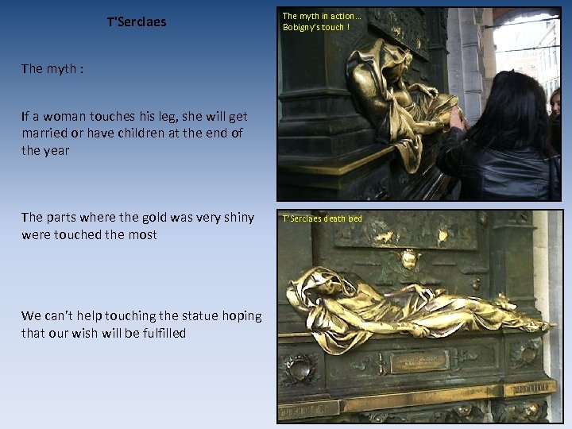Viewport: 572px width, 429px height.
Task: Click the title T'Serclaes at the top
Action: pos(137,22)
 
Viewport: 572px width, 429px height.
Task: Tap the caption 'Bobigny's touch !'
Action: pos(315,27)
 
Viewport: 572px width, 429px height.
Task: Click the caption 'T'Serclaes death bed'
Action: pos(322,218)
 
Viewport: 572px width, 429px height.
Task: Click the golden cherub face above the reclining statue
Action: pos(409,259)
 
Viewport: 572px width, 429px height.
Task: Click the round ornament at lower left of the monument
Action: pos(300,369)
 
